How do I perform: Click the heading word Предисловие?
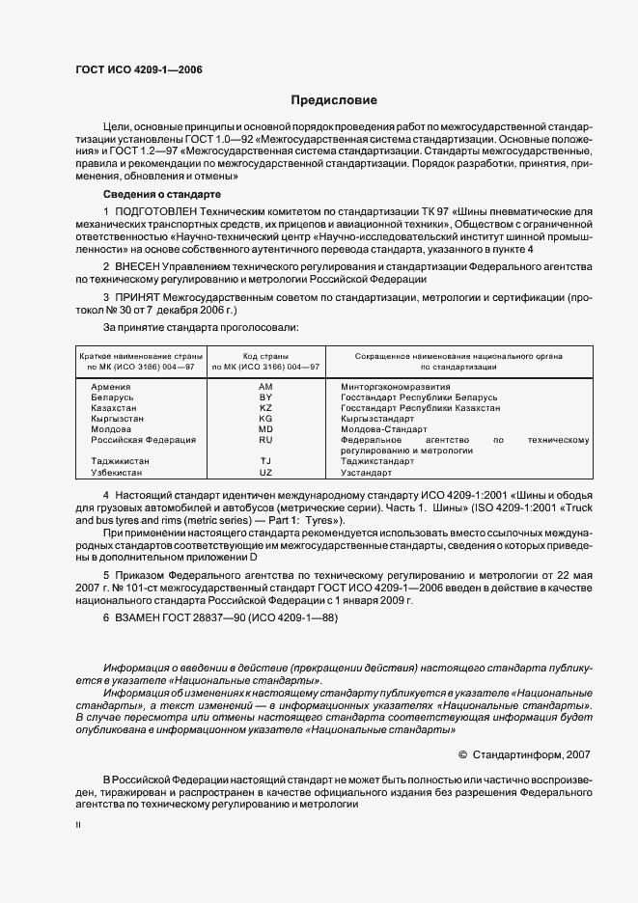point(335,100)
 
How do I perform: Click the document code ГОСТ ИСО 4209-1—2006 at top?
point(138,69)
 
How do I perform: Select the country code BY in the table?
point(266,397)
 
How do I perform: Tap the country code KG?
point(266,419)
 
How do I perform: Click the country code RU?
point(266,440)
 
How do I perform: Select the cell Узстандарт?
point(367,473)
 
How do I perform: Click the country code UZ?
point(266,473)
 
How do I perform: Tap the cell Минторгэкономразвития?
point(396,386)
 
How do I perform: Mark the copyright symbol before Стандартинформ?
point(462,756)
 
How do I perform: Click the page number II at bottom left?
point(78,826)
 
